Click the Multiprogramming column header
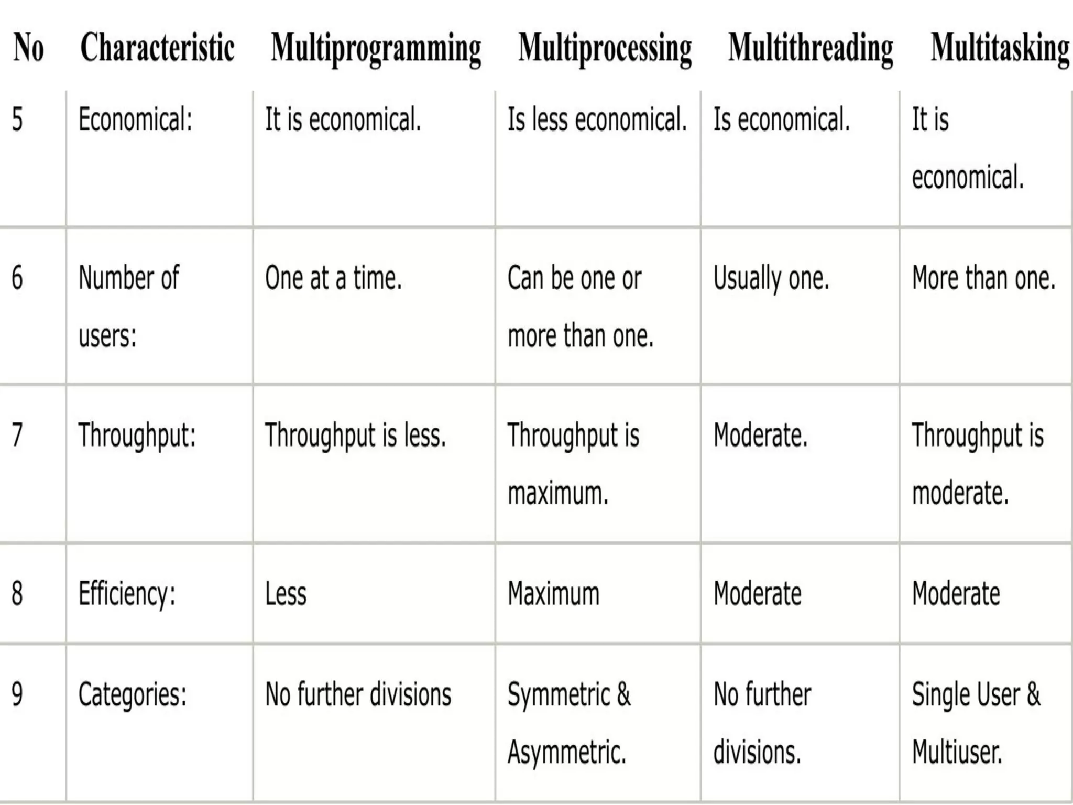click(376, 49)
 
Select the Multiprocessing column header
click(605, 49)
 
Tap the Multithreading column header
click(811, 49)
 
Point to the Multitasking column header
click(1000, 49)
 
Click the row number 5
click(17, 119)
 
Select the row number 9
click(17, 694)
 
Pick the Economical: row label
click(135, 119)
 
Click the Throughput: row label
click(137, 436)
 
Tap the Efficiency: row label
click(127, 594)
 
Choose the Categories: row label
click(132, 695)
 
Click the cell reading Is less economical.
click(597, 119)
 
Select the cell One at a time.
click(333, 278)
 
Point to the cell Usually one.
click(771, 278)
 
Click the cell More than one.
click(983, 278)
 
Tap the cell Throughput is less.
click(355, 436)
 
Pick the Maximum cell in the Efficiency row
click(553, 594)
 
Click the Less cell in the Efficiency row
click(286, 594)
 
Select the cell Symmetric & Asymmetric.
click(569, 723)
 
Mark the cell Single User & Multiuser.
click(976, 723)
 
